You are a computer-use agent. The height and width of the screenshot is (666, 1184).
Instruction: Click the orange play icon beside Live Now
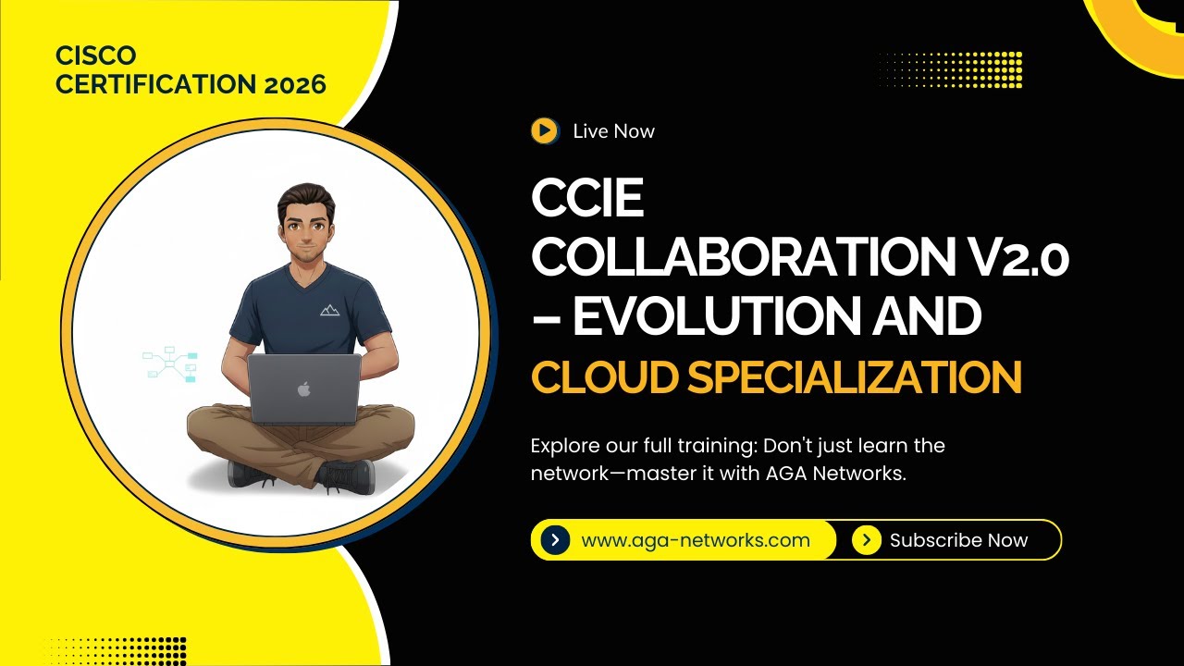[x=545, y=131]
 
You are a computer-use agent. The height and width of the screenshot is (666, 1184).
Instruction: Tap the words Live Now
[x=613, y=131]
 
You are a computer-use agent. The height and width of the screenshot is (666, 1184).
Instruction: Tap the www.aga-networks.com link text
[x=696, y=540]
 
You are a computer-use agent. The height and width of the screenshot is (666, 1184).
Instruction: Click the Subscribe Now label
[x=958, y=540]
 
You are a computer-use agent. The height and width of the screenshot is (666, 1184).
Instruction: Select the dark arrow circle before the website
[x=555, y=540]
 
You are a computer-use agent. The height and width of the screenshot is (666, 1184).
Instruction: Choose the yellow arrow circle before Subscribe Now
[x=866, y=540]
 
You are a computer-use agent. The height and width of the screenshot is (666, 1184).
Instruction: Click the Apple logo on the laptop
[x=303, y=389]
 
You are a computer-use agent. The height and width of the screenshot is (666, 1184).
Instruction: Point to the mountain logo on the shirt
[x=329, y=310]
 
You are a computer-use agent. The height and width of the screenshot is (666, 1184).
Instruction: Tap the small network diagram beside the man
[x=170, y=365]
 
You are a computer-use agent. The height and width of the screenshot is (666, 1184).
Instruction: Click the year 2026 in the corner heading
[x=295, y=84]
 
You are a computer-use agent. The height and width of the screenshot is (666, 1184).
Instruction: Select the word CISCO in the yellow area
[x=96, y=55]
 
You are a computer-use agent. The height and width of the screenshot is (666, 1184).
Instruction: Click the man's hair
[x=304, y=197]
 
